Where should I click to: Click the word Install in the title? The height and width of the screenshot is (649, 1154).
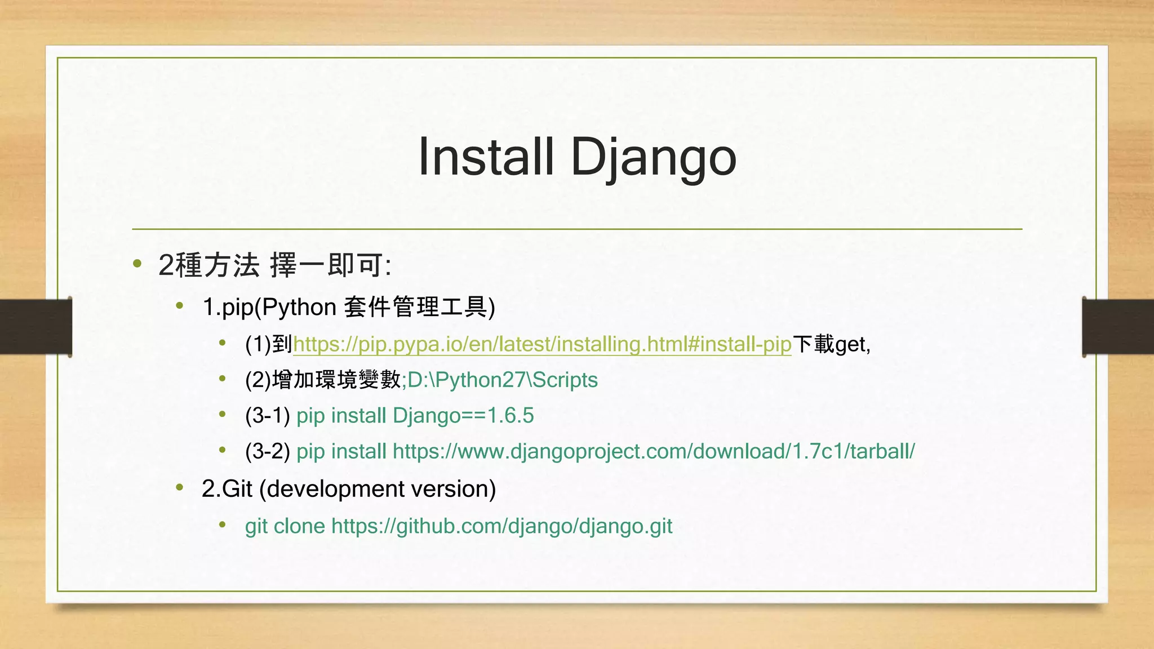click(486, 157)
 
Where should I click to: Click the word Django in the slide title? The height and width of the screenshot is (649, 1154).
click(653, 158)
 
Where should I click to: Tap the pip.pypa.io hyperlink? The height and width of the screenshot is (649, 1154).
click(542, 344)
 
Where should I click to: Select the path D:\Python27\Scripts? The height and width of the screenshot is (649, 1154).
click(503, 380)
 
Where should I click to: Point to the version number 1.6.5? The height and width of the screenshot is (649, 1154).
click(511, 416)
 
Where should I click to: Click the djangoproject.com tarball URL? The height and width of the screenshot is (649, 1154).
click(654, 451)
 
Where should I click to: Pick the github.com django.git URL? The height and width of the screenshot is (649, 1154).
click(501, 526)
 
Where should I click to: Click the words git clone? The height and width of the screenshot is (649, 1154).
click(285, 526)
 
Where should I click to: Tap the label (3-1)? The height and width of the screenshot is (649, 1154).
click(267, 416)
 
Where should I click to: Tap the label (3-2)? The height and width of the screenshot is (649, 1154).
click(267, 451)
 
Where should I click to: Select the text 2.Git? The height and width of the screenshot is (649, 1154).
click(227, 488)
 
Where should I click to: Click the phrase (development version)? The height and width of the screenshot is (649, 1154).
click(378, 488)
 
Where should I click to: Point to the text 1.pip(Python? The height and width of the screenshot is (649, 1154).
click(269, 308)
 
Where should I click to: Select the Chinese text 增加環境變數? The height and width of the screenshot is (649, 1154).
click(336, 380)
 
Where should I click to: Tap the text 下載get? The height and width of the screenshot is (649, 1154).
click(831, 344)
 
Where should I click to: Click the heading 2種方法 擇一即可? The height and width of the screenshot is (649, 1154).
click(274, 265)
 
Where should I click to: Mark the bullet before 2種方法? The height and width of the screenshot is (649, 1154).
click(137, 264)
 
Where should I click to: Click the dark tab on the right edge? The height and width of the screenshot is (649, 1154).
click(1118, 327)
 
